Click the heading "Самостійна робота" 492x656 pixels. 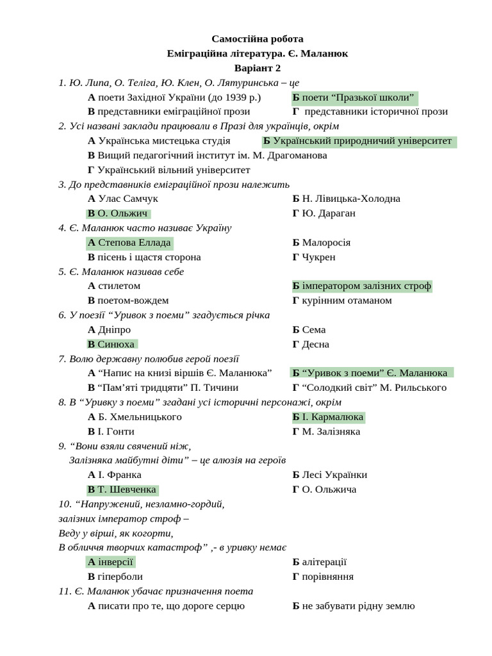(258, 39)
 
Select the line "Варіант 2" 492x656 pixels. (258, 68)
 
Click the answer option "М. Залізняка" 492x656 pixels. (326, 432)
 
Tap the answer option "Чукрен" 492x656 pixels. (314, 257)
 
